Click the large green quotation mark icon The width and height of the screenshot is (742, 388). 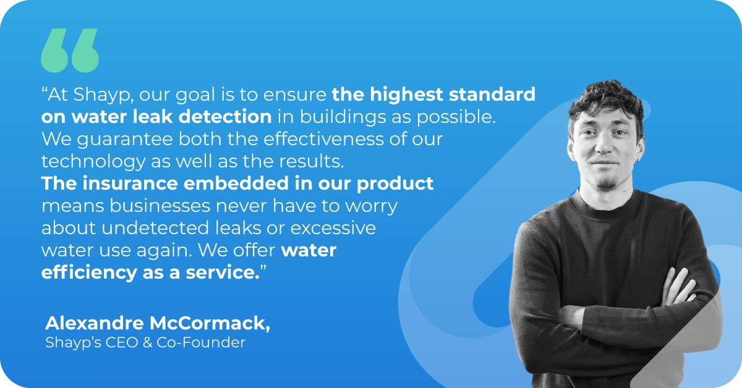pos(69,50)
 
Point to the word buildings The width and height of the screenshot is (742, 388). pos(339,117)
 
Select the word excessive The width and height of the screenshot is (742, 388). pos(333,228)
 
